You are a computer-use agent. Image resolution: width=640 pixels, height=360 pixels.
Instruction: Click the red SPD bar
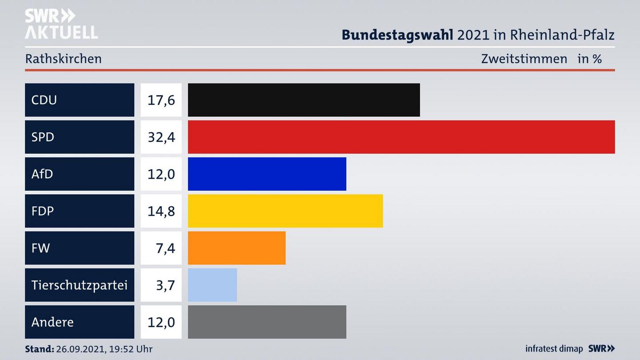(x=401, y=137)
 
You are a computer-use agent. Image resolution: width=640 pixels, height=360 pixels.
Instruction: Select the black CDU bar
(x=304, y=100)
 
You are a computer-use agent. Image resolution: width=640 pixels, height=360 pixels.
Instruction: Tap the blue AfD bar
(x=267, y=174)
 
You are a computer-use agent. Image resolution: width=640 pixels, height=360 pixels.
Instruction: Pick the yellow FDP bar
(x=285, y=211)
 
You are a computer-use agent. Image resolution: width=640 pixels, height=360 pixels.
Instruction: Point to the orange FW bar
(x=236, y=248)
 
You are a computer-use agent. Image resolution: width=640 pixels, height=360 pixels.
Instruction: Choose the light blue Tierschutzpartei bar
(x=212, y=285)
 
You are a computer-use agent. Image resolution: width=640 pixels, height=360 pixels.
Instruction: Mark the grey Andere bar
(x=267, y=322)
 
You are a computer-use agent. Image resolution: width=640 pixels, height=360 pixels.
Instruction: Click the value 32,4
(x=161, y=137)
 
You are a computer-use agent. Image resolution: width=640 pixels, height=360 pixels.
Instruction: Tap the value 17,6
(x=161, y=100)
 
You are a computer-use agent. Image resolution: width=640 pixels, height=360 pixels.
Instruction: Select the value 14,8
(x=161, y=211)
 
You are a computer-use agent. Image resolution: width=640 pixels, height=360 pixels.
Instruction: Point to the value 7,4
(x=165, y=248)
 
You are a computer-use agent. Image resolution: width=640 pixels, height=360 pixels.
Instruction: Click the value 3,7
(x=165, y=285)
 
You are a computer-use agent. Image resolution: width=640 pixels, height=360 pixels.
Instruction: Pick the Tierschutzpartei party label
(x=79, y=285)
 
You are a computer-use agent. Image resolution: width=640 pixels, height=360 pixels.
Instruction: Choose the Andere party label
(x=52, y=322)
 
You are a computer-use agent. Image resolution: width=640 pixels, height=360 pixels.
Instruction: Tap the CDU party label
(x=44, y=100)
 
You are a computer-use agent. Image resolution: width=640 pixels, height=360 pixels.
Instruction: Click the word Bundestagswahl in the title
(x=397, y=35)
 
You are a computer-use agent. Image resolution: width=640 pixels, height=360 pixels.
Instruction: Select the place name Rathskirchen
(x=64, y=59)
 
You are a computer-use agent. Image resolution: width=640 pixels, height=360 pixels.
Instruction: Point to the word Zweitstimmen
(x=524, y=59)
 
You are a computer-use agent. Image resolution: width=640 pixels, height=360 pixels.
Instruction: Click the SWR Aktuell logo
(x=61, y=24)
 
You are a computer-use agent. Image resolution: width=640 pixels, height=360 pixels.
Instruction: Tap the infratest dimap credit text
(x=554, y=349)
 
